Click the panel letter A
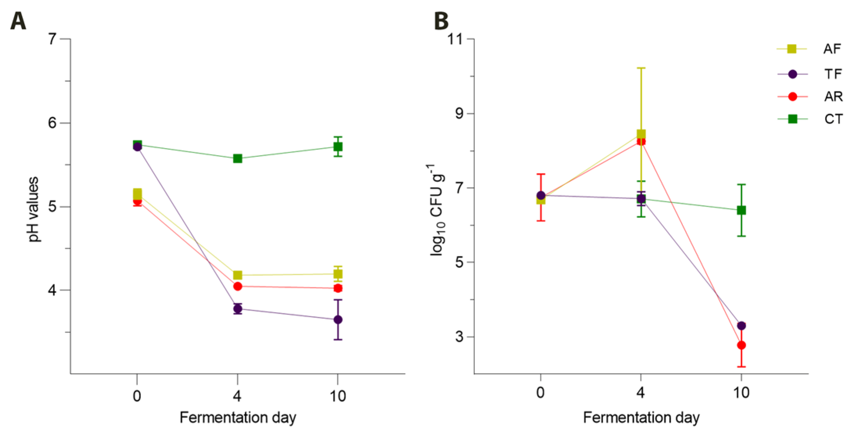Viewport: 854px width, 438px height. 18,21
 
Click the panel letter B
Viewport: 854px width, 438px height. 441,21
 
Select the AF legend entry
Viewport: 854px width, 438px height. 809,49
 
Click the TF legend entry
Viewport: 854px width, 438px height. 809,74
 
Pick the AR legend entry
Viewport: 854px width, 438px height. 809,97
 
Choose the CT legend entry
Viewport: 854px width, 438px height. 809,119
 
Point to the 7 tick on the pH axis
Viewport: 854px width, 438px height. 52,39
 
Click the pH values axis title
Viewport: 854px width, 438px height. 34,209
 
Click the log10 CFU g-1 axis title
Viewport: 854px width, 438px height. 437,210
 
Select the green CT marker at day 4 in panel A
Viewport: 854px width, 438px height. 238,158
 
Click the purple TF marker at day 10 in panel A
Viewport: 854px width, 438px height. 338,320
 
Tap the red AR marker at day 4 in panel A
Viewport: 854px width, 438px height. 238,286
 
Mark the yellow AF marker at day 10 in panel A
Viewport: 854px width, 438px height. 338,274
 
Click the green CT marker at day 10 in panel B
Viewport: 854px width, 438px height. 741,210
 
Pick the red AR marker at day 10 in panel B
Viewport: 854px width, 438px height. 741,345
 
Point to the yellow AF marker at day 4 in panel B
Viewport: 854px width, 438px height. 641,134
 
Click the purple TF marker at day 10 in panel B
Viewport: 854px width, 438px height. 741,325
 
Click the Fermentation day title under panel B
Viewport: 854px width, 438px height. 641,418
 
